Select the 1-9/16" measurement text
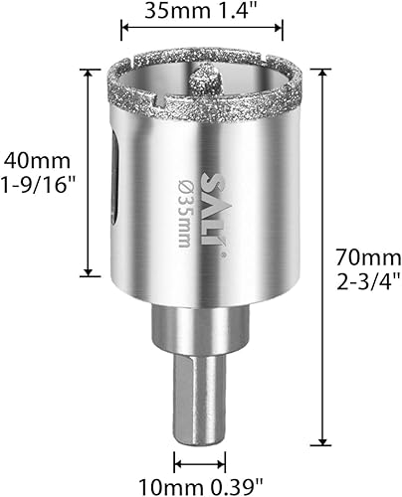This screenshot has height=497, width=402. (39, 185)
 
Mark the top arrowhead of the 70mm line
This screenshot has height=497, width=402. (320, 72)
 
